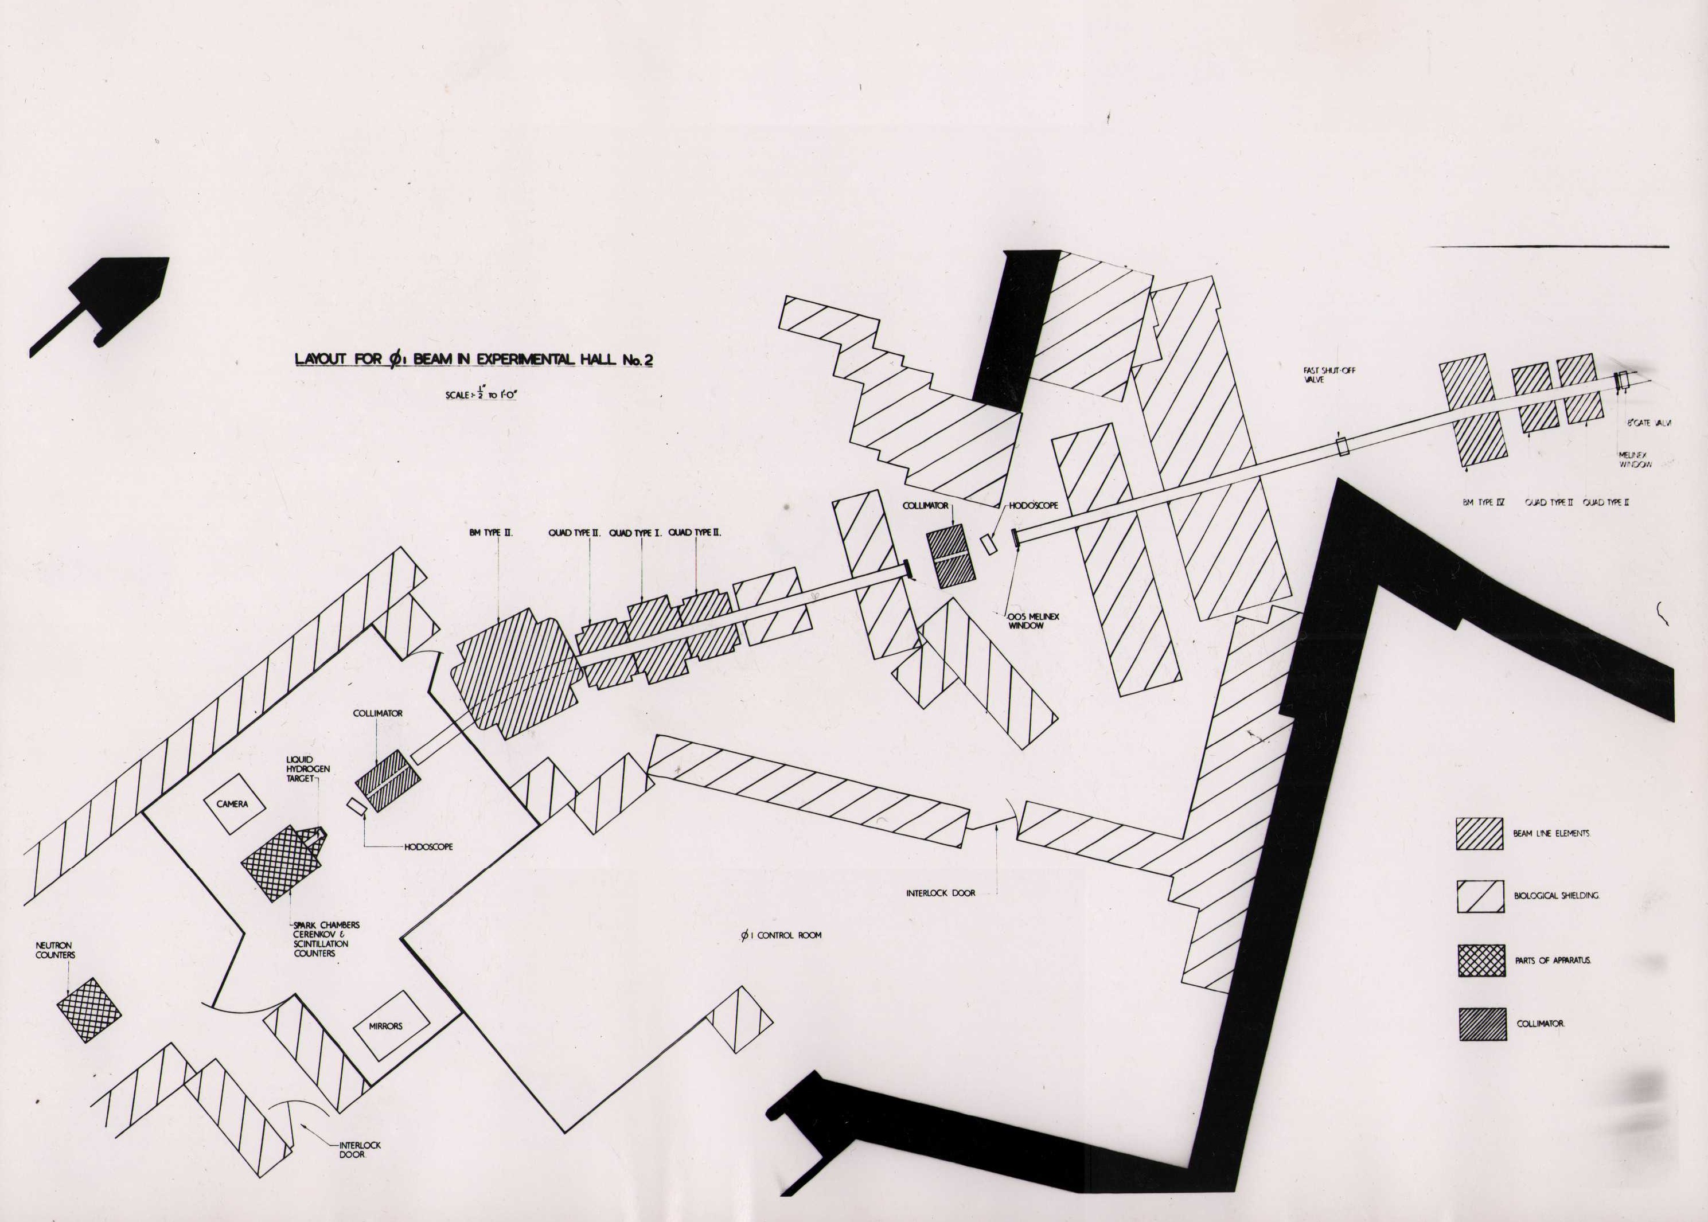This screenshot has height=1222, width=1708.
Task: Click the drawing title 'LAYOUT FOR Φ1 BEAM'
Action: [473, 359]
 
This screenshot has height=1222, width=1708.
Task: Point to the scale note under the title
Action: [480, 393]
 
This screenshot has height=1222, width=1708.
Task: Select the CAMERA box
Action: [232, 803]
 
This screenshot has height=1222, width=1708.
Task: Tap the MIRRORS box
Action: [385, 1026]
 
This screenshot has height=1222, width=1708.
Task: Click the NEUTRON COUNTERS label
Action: [56, 950]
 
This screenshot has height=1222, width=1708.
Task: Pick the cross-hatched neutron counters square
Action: [89, 1010]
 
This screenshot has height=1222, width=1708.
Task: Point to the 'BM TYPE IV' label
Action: [1483, 502]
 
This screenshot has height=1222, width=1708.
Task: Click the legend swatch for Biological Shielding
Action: [1480, 896]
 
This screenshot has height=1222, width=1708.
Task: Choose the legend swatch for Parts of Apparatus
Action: [1481, 960]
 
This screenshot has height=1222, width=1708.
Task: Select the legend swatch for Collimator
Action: [1482, 1024]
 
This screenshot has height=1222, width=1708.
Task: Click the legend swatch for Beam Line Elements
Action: [1479, 834]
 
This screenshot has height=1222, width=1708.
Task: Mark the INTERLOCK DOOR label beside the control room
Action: [941, 893]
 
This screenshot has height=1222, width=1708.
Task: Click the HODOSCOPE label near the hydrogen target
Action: [428, 846]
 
